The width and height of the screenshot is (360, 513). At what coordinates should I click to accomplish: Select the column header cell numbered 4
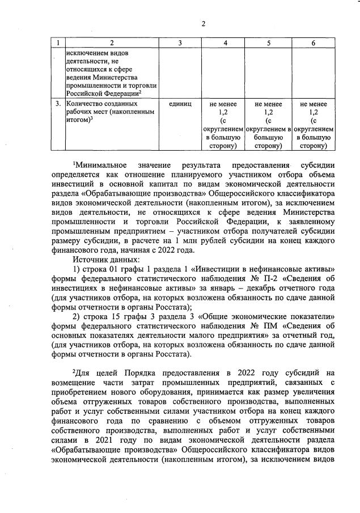tap(226, 43)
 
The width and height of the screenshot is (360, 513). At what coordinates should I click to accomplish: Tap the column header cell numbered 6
tap(314, 43)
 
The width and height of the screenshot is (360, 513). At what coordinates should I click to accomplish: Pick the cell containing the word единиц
tap(180, 104)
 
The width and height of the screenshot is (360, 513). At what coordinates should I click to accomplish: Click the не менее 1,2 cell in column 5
tap(269, 125)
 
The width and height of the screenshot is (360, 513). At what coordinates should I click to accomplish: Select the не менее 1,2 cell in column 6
tap(314, 125)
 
